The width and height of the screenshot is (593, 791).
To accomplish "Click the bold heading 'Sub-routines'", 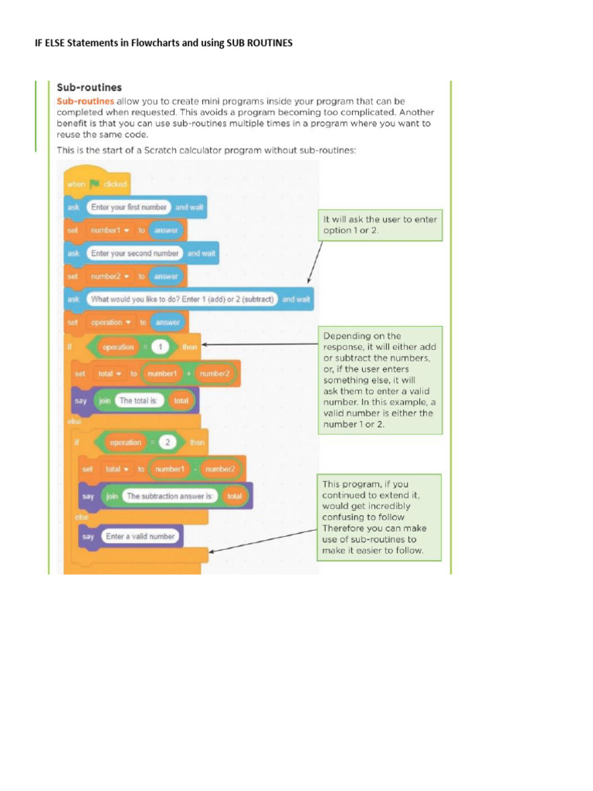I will point(90,87).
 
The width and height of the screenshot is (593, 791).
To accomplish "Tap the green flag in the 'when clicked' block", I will point(96,185).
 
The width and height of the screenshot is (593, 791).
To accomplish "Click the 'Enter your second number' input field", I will point(135,253).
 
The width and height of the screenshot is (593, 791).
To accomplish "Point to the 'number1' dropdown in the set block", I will point(111,230).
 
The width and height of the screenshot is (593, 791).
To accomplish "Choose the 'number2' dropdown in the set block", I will point(111,276).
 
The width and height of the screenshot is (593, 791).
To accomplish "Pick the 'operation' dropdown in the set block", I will point(111,322).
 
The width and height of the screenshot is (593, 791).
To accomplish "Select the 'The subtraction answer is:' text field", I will point(171,496).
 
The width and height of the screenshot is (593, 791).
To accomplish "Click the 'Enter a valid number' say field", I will point(140,535).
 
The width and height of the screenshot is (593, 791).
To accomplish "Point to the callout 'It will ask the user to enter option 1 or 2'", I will point(380,225).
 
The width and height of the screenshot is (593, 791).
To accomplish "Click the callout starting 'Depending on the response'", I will point(380,379).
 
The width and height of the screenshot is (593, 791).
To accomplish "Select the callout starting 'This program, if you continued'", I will point(380,518).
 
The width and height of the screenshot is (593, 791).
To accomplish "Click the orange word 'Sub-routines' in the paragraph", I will point(86,101).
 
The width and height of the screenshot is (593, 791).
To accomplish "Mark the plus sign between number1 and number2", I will point(188,374).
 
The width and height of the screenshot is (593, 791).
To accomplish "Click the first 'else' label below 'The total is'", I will point(74,422).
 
